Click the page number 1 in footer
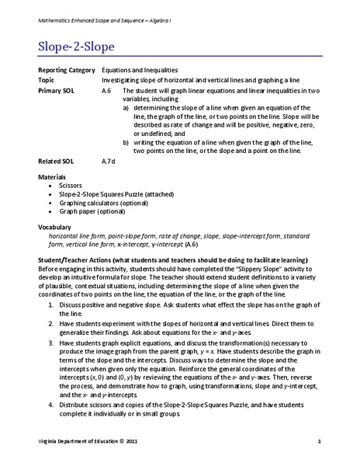point(319,443)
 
